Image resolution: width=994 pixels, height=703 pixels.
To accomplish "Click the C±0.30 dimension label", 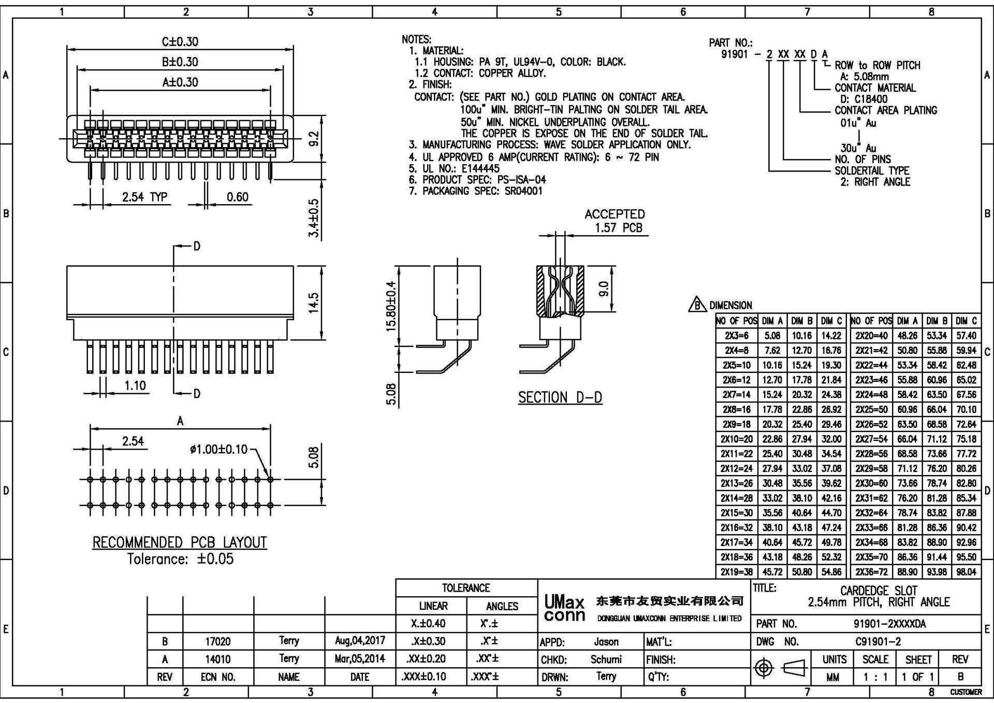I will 180,41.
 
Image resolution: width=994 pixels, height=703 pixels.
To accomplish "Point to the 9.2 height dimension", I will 314,139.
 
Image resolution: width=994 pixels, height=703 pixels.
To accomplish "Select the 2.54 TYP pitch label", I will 144,197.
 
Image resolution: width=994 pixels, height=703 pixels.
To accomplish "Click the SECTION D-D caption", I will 560,397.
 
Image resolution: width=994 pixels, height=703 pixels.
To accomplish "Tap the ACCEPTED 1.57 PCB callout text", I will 615,221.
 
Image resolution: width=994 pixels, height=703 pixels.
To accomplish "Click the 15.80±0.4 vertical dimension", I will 391,306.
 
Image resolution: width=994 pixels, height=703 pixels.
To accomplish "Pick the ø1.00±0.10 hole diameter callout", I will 218,449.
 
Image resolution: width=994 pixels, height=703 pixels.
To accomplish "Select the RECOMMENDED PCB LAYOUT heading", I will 180,542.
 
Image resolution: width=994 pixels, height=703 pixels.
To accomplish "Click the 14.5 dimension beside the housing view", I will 314,303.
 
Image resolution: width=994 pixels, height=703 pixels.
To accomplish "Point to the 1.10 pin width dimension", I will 135,385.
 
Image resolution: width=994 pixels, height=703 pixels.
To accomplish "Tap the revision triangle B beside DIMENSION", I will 697,305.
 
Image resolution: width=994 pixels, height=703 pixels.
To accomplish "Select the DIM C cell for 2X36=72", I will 966,572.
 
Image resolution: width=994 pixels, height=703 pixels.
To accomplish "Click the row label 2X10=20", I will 736,439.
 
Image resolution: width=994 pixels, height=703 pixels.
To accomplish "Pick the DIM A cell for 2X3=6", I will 772,336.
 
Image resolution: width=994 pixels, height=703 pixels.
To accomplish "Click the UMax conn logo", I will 564,608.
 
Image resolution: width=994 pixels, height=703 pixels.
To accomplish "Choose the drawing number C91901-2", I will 878,641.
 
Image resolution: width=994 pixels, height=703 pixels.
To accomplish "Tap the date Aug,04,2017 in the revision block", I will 360,640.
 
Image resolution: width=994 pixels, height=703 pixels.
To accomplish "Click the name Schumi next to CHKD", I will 606,659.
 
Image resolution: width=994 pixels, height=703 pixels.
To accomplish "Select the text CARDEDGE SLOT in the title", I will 879,591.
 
